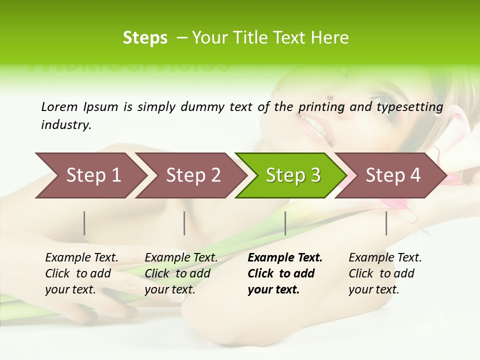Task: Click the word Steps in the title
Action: click(x=145, y=38)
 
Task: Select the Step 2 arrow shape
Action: click(x=193, y=175)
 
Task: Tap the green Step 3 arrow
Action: click(x=292, y=175)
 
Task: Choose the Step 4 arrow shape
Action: click(x=393, y=175)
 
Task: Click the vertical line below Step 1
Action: click(x=84, y=223)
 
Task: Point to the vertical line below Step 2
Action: click(x=184, y=223)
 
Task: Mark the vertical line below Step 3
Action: click(x=285, y=223)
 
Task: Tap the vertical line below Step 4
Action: click(x=386, y=223)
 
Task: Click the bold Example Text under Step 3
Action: click(x=285, y=257)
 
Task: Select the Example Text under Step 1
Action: click(x=81, y=257)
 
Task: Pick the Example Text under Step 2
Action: click(x=181, y=257)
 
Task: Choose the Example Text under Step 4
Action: click(x=385, y=257)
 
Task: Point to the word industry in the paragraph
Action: click(x=65, y=125)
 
